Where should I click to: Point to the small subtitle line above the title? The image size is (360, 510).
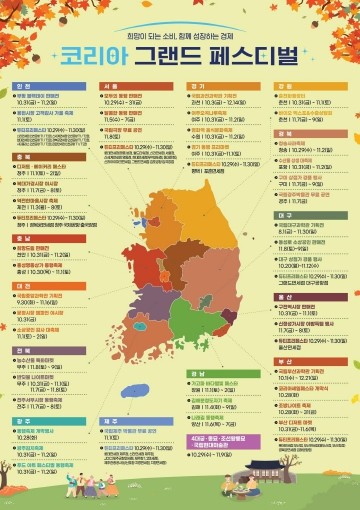tap(180, 30)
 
